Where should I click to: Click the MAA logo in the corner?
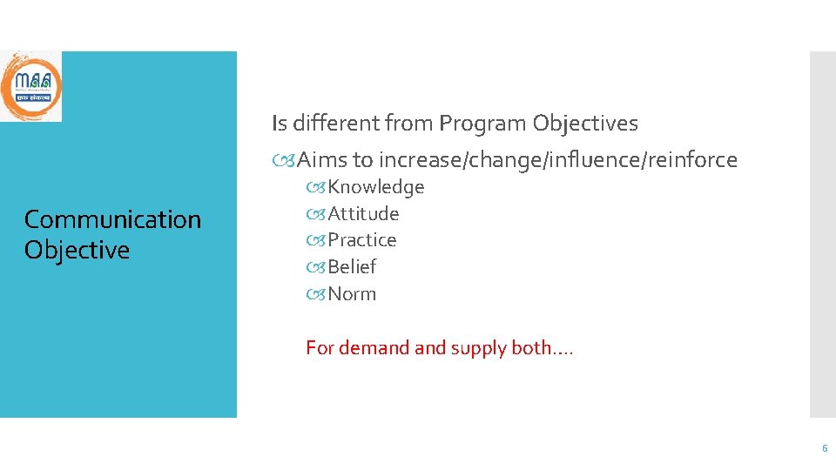pos(30,86)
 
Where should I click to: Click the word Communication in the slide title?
pos(112,219)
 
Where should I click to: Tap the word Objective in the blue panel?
pos(77,250)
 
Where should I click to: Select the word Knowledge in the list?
pos(375,187)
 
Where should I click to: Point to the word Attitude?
pos(363,213)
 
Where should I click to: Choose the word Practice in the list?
pos(361,240)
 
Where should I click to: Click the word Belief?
pos(352,267)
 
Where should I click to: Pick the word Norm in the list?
pos(352,294)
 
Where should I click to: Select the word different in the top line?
pos(334,124)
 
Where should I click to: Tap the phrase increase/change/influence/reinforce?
pos(558,160)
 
